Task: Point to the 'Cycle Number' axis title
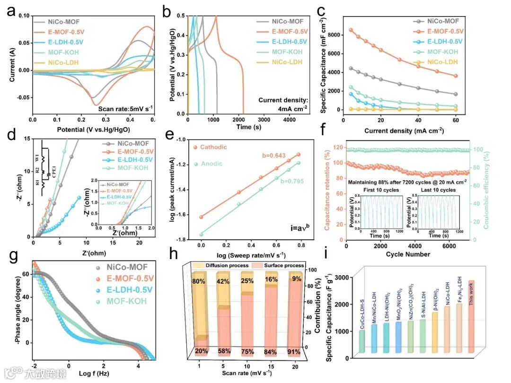(407, 254)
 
